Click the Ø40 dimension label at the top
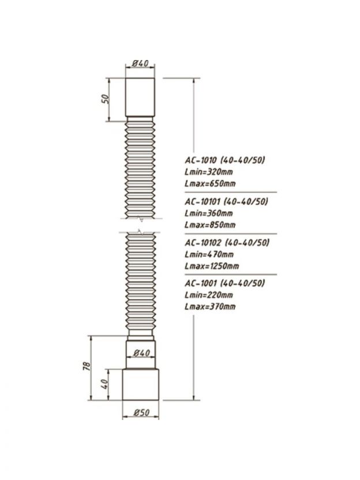pos(140,63)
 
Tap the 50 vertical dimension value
pos(105,99)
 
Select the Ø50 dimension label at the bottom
pos(142,412)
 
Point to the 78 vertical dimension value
pos(87,366)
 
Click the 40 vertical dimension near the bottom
pos(104,384)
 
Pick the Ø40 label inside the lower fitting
pos(142,353)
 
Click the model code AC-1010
pos(201,160)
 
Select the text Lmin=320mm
pos(209,172)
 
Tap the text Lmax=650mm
pos(210,183)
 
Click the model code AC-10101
pos(202,201)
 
